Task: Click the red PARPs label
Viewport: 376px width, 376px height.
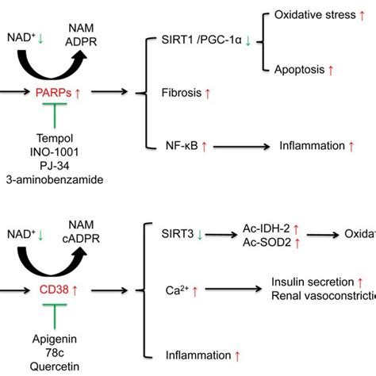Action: point(51,93)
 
